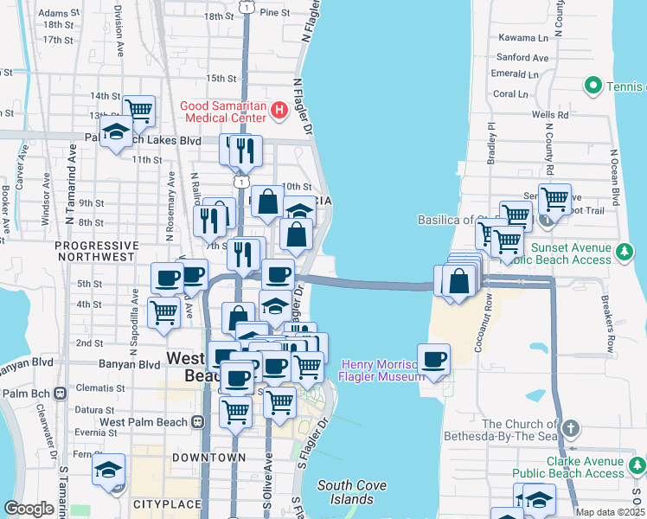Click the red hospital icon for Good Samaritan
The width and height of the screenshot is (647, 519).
point(279,110)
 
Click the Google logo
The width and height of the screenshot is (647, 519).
point(29,509)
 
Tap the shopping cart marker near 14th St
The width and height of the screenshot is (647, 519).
point(138,110)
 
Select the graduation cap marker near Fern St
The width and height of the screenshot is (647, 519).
point(109,470)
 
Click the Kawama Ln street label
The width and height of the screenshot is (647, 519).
point(525,38)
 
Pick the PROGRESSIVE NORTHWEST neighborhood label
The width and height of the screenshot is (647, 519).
point(95,251)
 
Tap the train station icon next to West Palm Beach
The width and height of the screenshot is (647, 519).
point(198,422)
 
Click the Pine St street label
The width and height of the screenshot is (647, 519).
point(274,13)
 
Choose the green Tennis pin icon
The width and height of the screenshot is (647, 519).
point(593,86)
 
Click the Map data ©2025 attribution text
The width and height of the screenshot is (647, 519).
point(610,512)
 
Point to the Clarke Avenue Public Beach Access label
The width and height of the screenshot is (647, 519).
point(567,467)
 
